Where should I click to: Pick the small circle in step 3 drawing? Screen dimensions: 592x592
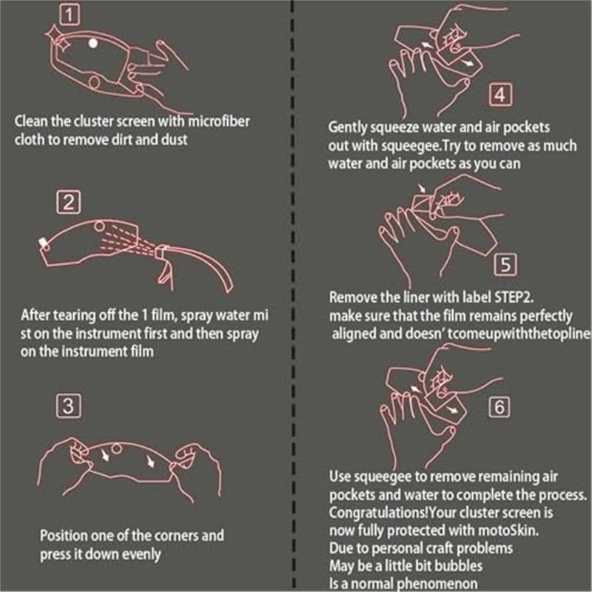(x=116, y=447)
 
